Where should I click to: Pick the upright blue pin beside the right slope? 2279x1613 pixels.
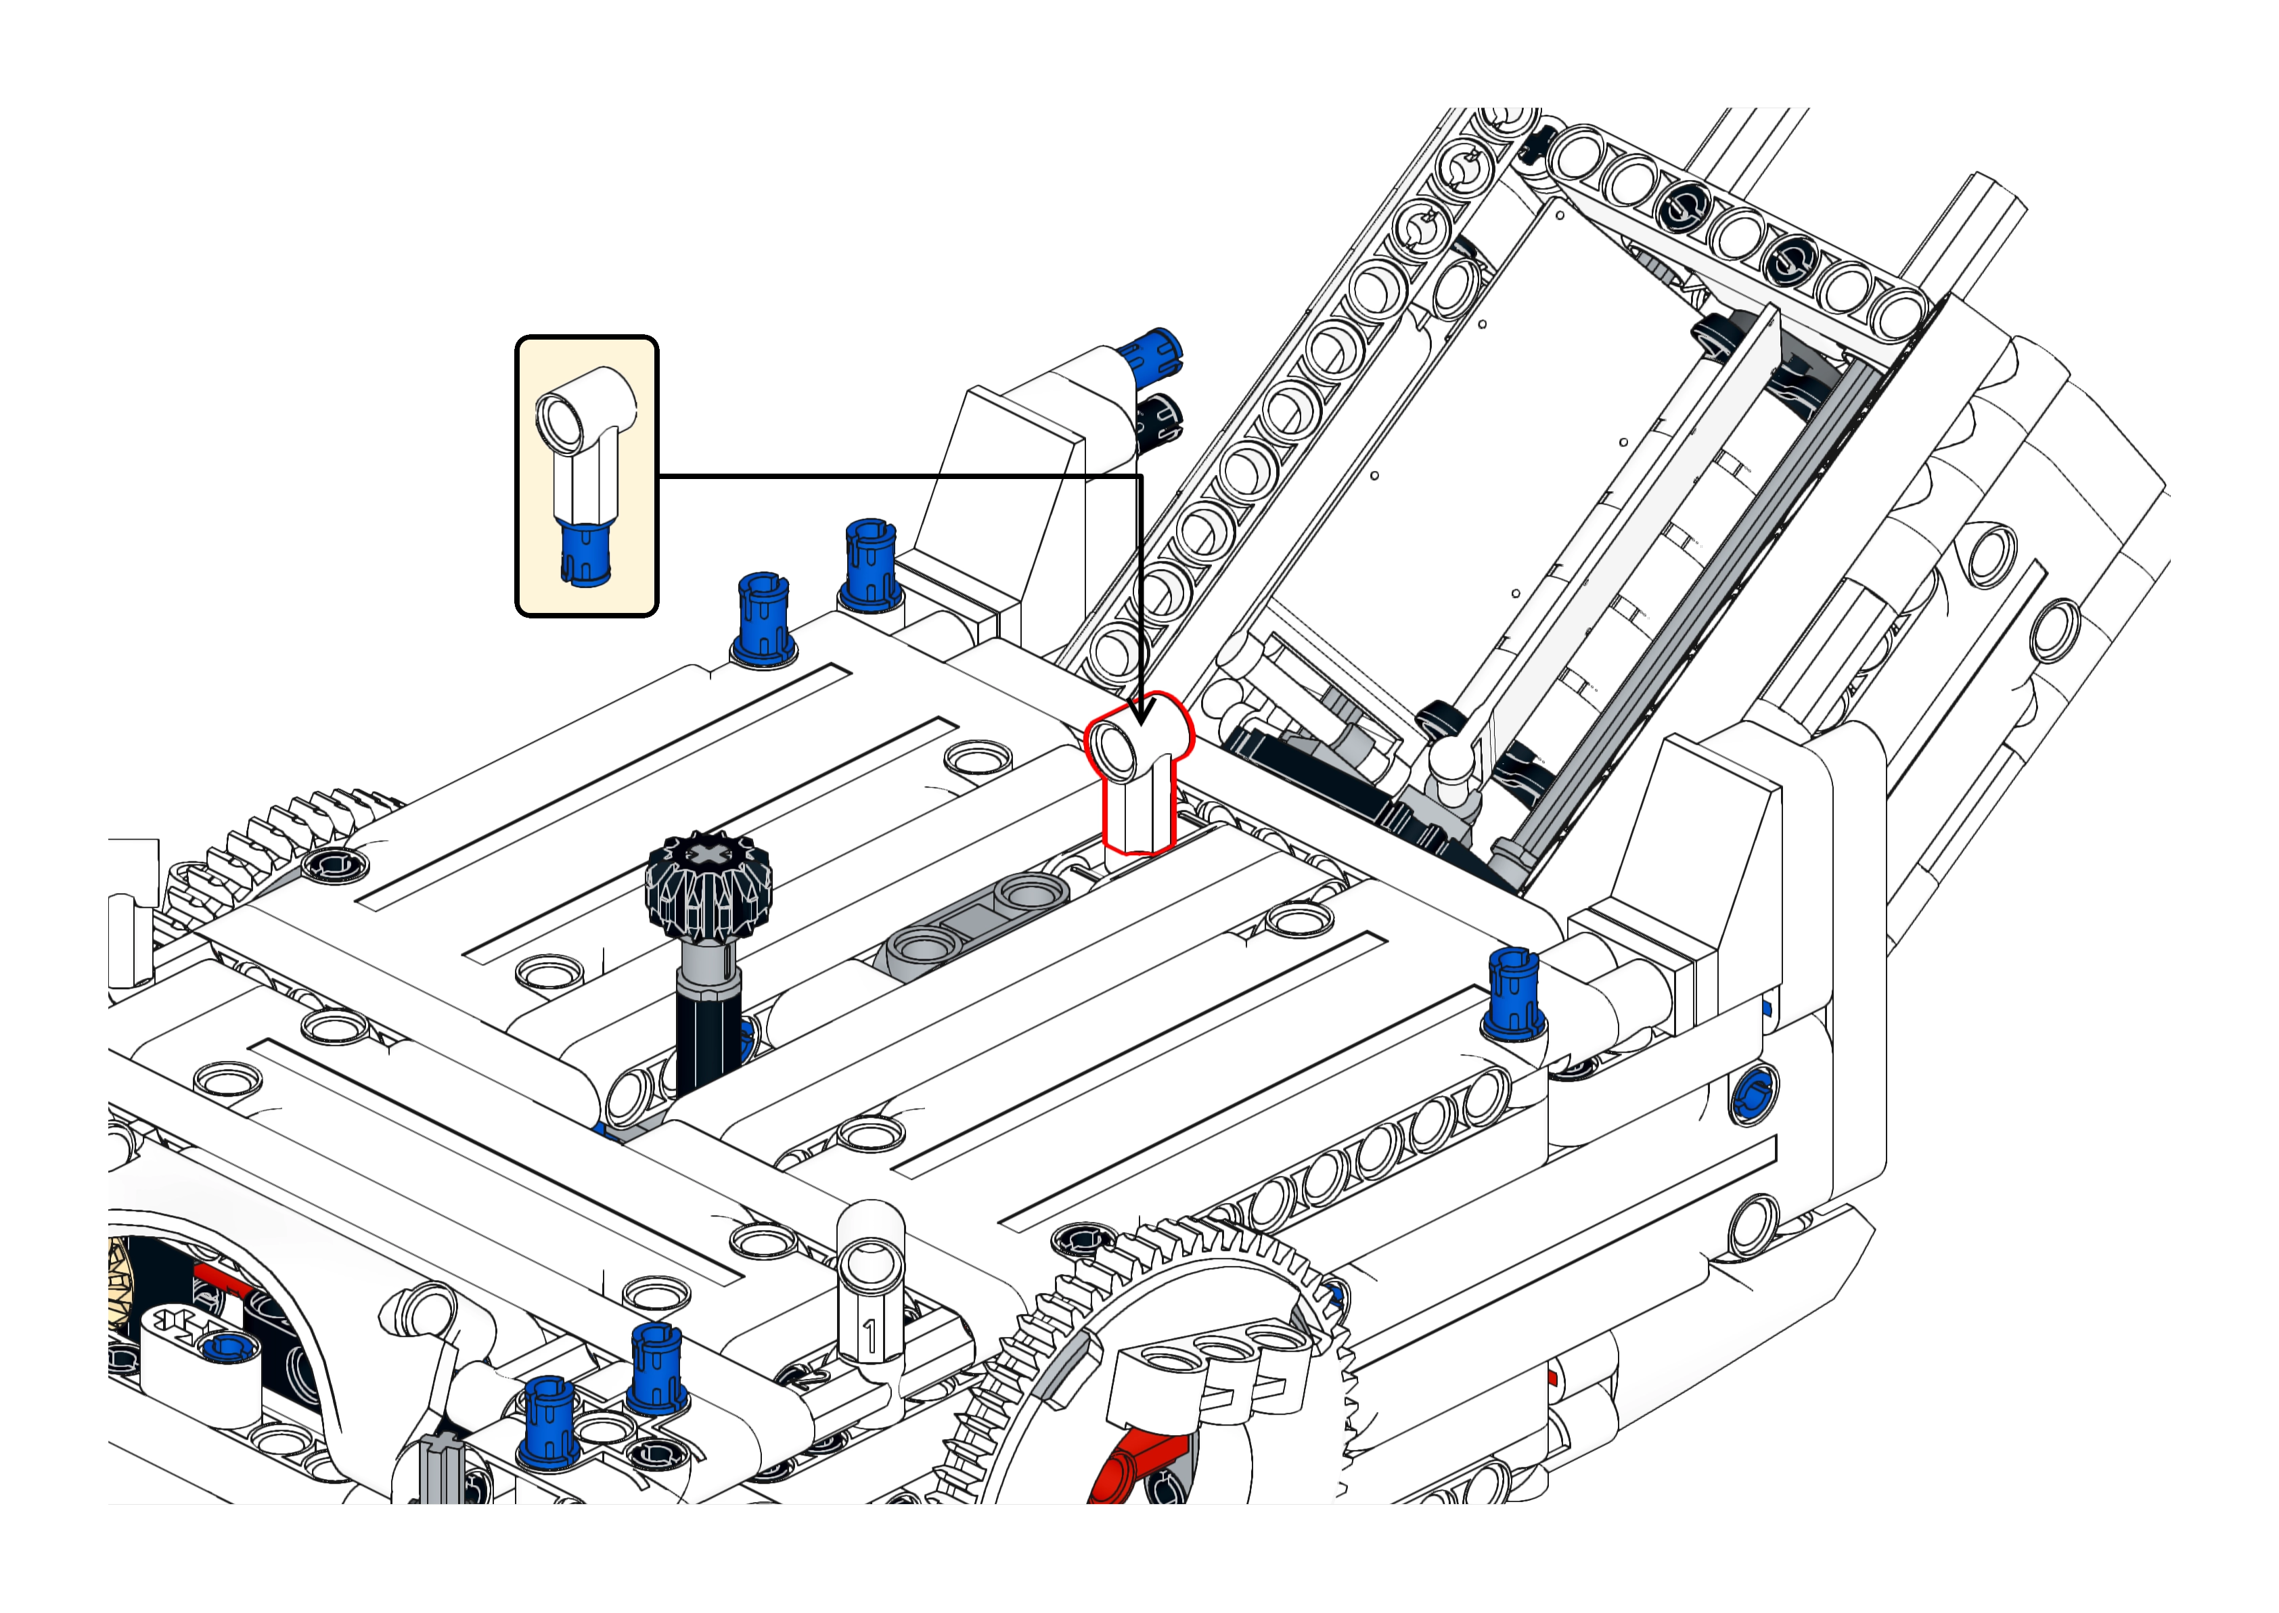1514,993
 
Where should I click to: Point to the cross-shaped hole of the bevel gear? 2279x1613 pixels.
707,853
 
